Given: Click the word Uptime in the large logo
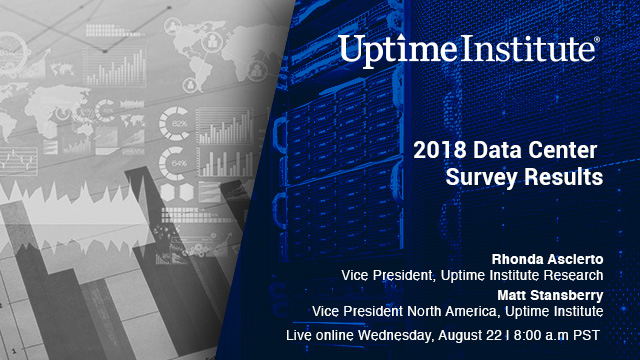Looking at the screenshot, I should pyautogui.click(x=385, y=48).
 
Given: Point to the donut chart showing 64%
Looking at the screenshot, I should pyautogui.click(x=181, y=161).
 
